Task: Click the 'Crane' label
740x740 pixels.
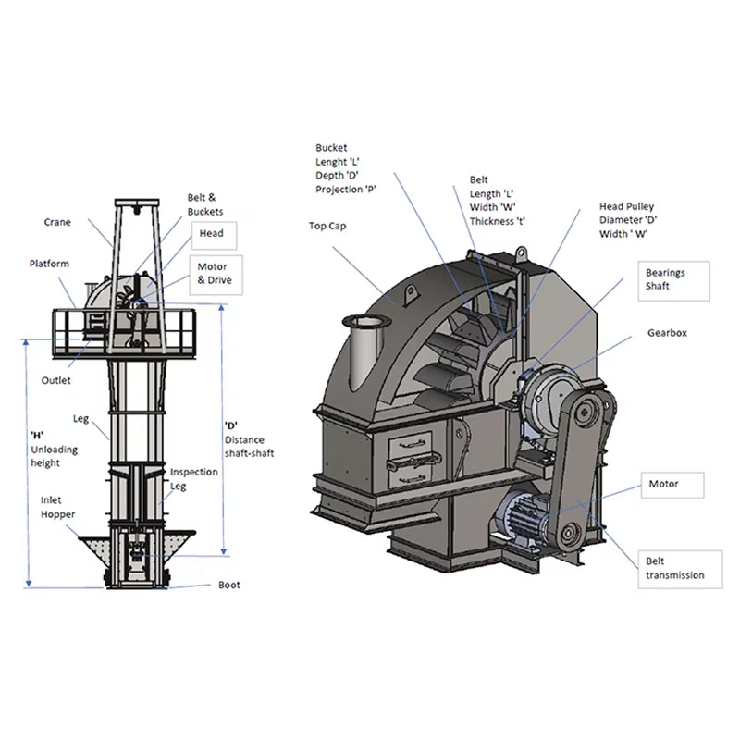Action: pyautogui.click(x=57, y=222)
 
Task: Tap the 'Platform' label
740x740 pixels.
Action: pyautogui.click(x=49, y=264)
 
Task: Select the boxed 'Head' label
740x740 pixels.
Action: pyautogui.click(x=214, y=236)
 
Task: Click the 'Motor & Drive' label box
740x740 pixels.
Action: pyautogui.click(x=216, y=275)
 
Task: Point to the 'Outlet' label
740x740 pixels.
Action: pyautogui.click(x=55, y=380)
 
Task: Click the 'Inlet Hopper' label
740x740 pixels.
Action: pyautogui.click(x=57, y=507)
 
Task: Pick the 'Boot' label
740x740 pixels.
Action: pyautogui.click(x=228, y=585)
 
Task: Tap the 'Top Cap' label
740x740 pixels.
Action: pyautogui.click(x=327, y=226)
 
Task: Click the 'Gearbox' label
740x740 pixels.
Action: pyautogui.click(x=667, y=333)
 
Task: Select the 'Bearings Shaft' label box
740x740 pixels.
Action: pyautogui.click(x=674, y=281)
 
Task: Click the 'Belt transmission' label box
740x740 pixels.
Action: pyautogui.click(x=680, y=569)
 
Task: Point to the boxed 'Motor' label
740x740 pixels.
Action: pyautogui.click(x=672, y=485)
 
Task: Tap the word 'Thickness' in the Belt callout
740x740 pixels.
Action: pyautogui.click(x=491, y=221)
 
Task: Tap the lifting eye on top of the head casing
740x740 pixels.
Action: pyautogui.click(x=521, y=253)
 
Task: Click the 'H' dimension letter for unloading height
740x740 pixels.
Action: pyautogui.click(x=37, y=435)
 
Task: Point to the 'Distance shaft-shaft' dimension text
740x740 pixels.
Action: pyautogui.click(x=249, y=447)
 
